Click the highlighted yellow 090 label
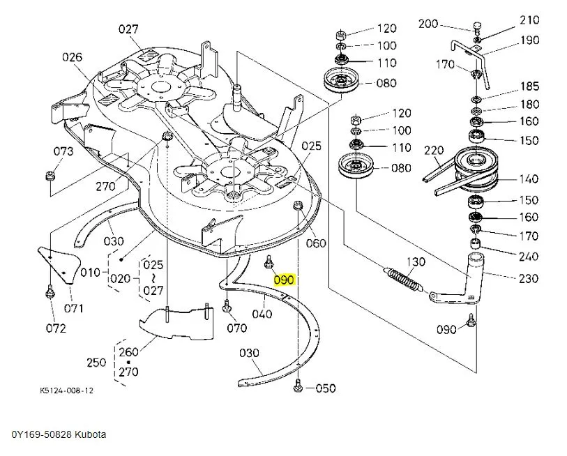[285, 280]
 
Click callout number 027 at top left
[128, 29]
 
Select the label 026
[72, 57]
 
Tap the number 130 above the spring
[416, 261]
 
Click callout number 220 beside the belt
[434, 151]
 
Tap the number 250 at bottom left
[96, 363]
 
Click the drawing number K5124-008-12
[67, 390]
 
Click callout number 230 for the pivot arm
[529, 278]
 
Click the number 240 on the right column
[529, 256]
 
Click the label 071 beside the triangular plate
[74, 308]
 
